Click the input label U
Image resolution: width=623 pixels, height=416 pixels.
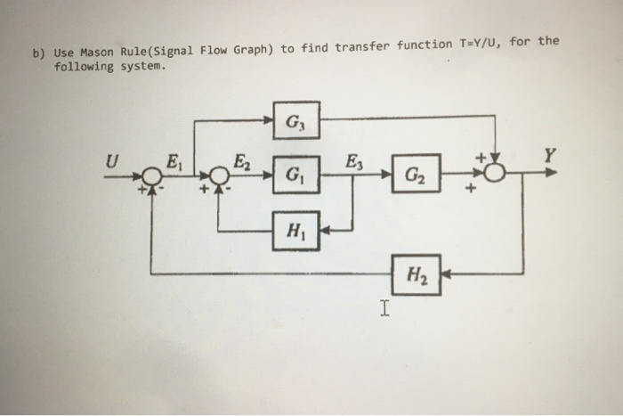(112, 162)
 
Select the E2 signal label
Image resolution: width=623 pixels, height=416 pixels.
(240, 162)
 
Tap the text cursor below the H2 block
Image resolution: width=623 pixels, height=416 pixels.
(384, 310)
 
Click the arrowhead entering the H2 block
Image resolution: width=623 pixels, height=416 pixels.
(448, 274)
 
